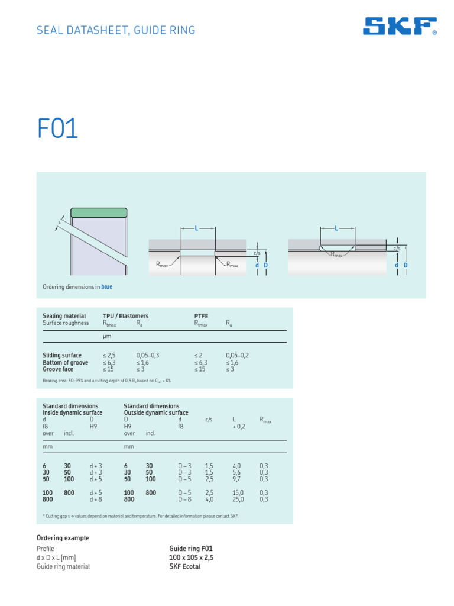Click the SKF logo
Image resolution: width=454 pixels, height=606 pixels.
[400, 27]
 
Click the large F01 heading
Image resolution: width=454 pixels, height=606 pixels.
[57, 130]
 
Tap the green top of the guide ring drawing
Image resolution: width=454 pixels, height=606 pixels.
[99, 212]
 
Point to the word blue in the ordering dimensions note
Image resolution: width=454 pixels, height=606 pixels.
[106, 287]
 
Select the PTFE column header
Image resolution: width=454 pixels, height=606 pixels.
[201, 316]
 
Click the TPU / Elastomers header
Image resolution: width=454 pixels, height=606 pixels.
[125, 316]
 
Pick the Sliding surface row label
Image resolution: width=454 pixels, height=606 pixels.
[62, 355]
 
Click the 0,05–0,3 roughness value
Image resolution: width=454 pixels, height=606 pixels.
[148, 355]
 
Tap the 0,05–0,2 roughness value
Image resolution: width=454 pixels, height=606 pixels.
[237, 355]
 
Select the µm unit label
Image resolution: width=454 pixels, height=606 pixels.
[107, 336]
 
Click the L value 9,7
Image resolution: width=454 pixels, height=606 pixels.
[237, 479]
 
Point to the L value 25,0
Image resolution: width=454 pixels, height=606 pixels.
[238, 499]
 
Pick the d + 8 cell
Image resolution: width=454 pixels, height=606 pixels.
[96, 499]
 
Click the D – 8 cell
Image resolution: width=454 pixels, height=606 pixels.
[185, 499]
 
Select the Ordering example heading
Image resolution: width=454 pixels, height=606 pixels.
[63, 538]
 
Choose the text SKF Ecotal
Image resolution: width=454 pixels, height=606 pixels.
[184, 566]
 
